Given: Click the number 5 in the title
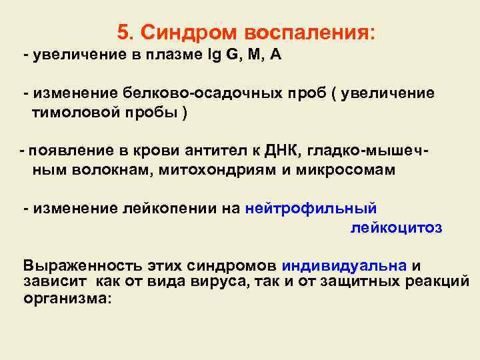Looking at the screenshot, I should click(x=122, y=31).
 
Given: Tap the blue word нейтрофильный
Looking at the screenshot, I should click(x=311, y=208).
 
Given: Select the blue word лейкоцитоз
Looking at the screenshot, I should click(x=396, y=227).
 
